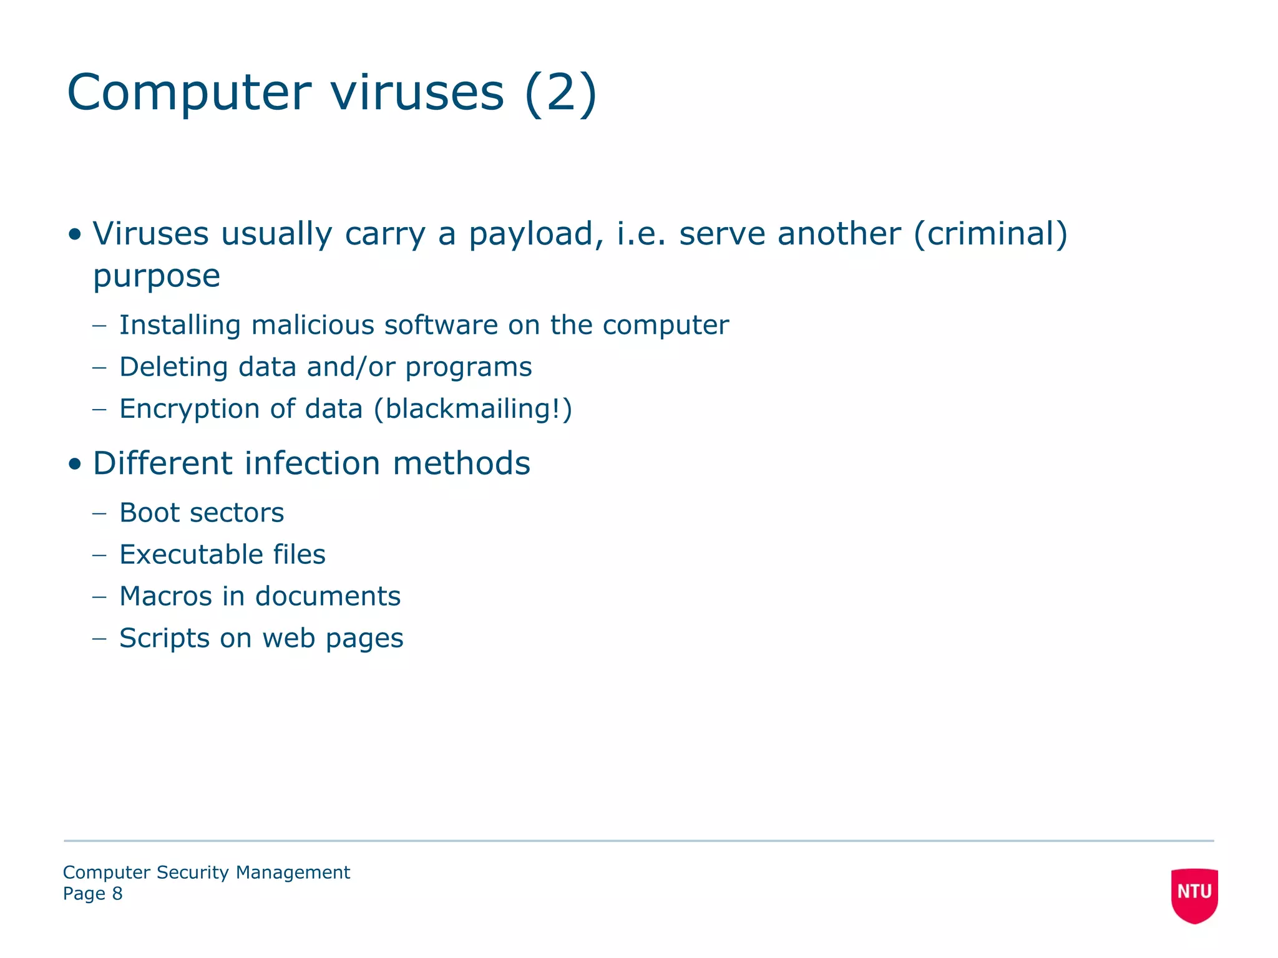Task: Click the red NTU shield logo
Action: (x=1194, y=894)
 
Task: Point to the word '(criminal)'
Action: (x=990, y=234)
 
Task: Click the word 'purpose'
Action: (x=157, y=276)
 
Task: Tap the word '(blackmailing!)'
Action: (x=472, y=409)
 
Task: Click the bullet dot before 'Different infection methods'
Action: (x=75, y=464)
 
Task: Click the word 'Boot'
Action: (x=149, y=513)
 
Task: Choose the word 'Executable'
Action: (x=189, y=554)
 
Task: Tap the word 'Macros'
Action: (x=165, y=596)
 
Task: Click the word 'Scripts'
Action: (x=164, y=638)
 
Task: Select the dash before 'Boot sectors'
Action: (x=99, y=514)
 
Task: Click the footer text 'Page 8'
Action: (x=92, y=894)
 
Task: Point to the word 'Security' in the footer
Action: (x=193, y=873)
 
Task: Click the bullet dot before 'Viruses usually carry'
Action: (x=75, y=235)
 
